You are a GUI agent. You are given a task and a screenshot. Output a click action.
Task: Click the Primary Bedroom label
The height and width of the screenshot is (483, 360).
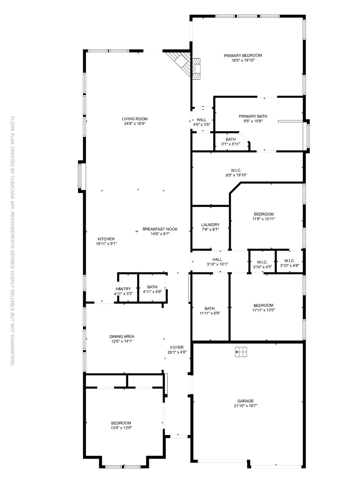[x=243, y=56]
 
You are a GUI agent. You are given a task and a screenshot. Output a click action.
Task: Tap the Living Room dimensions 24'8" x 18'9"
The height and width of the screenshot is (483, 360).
[x=134, y=124]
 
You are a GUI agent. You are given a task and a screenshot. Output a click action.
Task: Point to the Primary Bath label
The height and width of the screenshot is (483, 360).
[x=253, y=116]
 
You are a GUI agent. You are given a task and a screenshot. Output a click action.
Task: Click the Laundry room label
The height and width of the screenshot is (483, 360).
[x=210, y=225]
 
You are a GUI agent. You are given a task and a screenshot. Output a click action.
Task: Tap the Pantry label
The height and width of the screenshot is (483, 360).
[x=123, y=289]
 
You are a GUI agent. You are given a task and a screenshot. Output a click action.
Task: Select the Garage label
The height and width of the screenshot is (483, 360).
[x=245, y=401]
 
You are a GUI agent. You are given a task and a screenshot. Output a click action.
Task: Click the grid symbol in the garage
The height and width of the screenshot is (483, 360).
[x=241, y=352]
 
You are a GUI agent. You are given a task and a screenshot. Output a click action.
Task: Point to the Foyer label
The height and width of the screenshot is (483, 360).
[x=177, y=347]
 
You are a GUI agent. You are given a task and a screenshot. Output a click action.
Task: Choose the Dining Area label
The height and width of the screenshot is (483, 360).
[x=122, y=336]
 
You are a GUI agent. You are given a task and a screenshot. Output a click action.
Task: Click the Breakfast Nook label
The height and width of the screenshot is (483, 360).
[x=160, y=229]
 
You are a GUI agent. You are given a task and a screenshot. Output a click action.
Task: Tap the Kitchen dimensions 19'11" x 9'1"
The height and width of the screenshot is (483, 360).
[x=106, y=244]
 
